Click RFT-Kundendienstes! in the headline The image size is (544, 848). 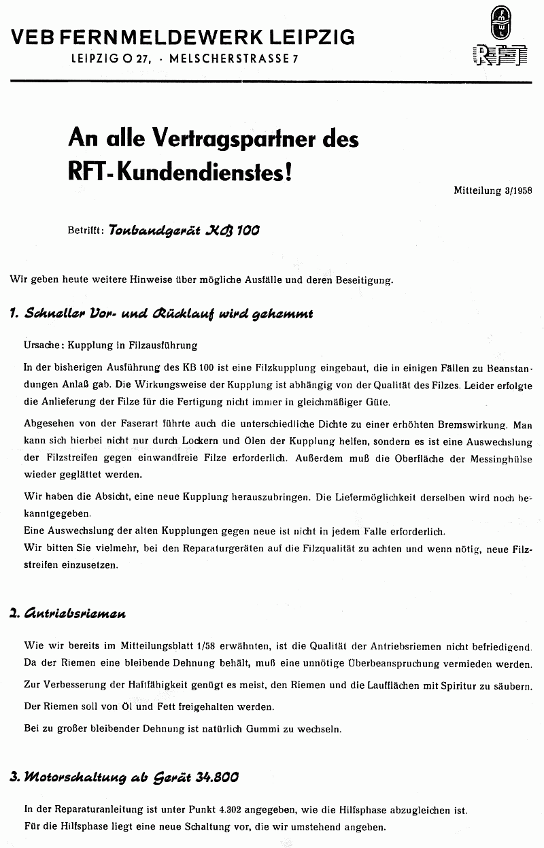181,170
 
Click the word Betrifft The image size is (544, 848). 85,231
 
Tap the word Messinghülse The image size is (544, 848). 504,458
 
